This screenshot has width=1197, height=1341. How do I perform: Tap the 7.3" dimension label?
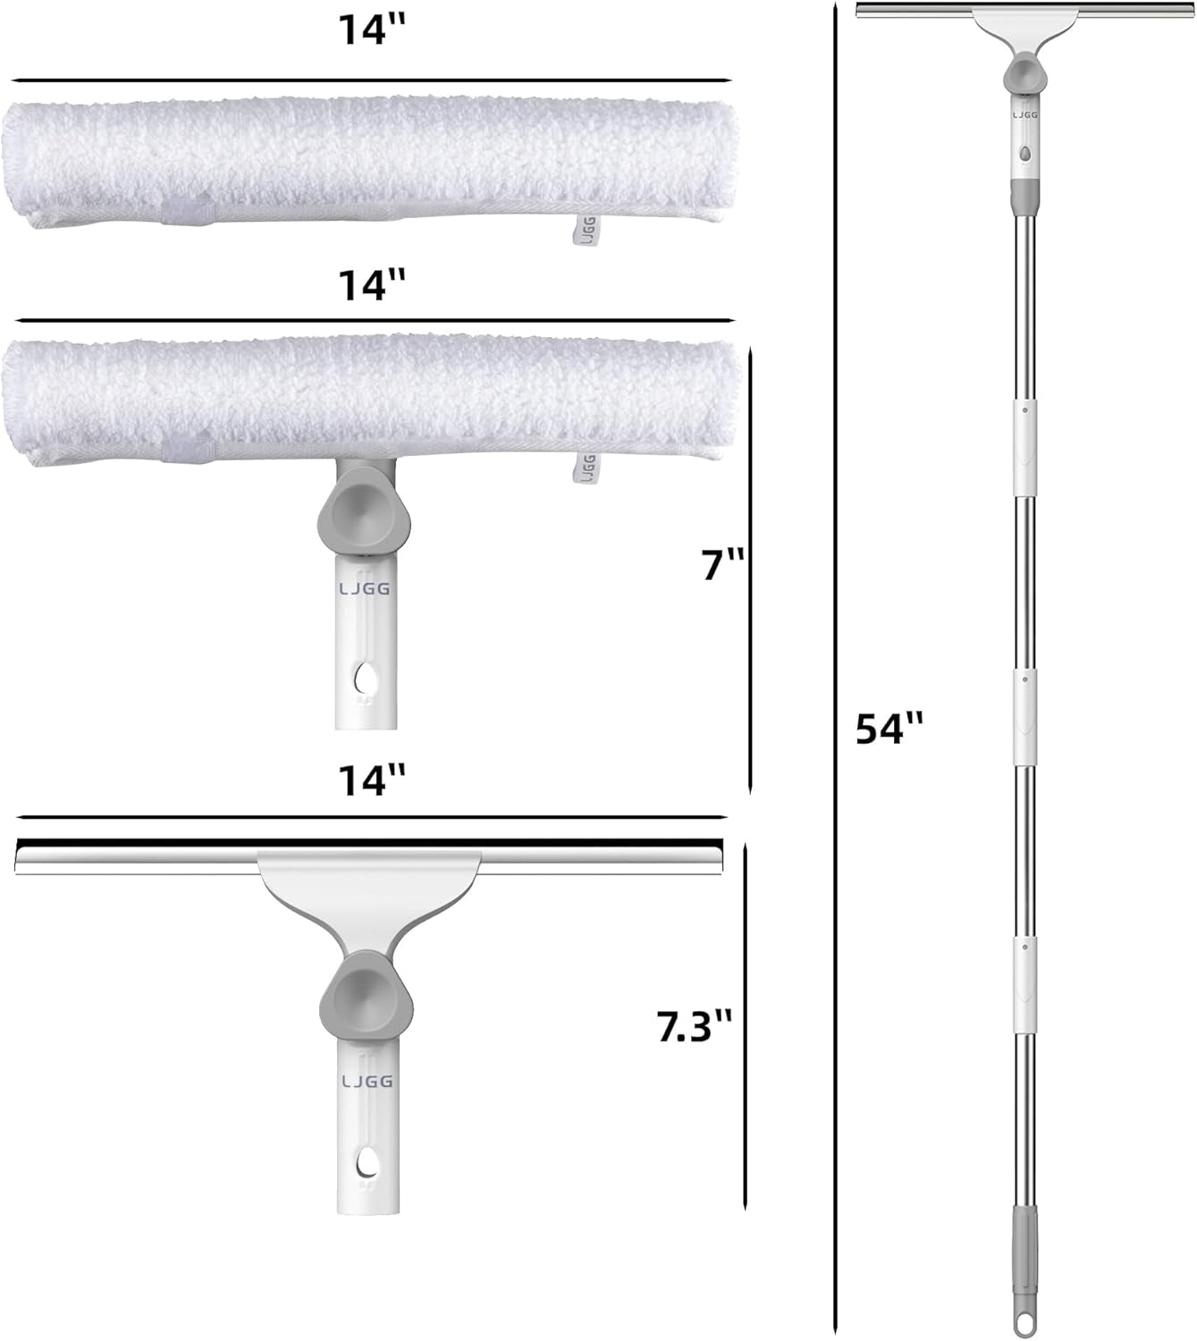pos(695,1025)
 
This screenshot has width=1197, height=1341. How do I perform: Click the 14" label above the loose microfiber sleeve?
pos(371,30)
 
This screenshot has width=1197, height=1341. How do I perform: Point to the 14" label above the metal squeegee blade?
pos(371,780)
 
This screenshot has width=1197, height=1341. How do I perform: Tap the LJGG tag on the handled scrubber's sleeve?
pos(587,466)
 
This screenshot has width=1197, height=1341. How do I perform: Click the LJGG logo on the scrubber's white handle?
pos(366,589)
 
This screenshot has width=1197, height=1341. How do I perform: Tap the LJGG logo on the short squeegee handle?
pos(367,1082)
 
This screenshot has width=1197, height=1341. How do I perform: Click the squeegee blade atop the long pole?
pos(1024,10)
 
